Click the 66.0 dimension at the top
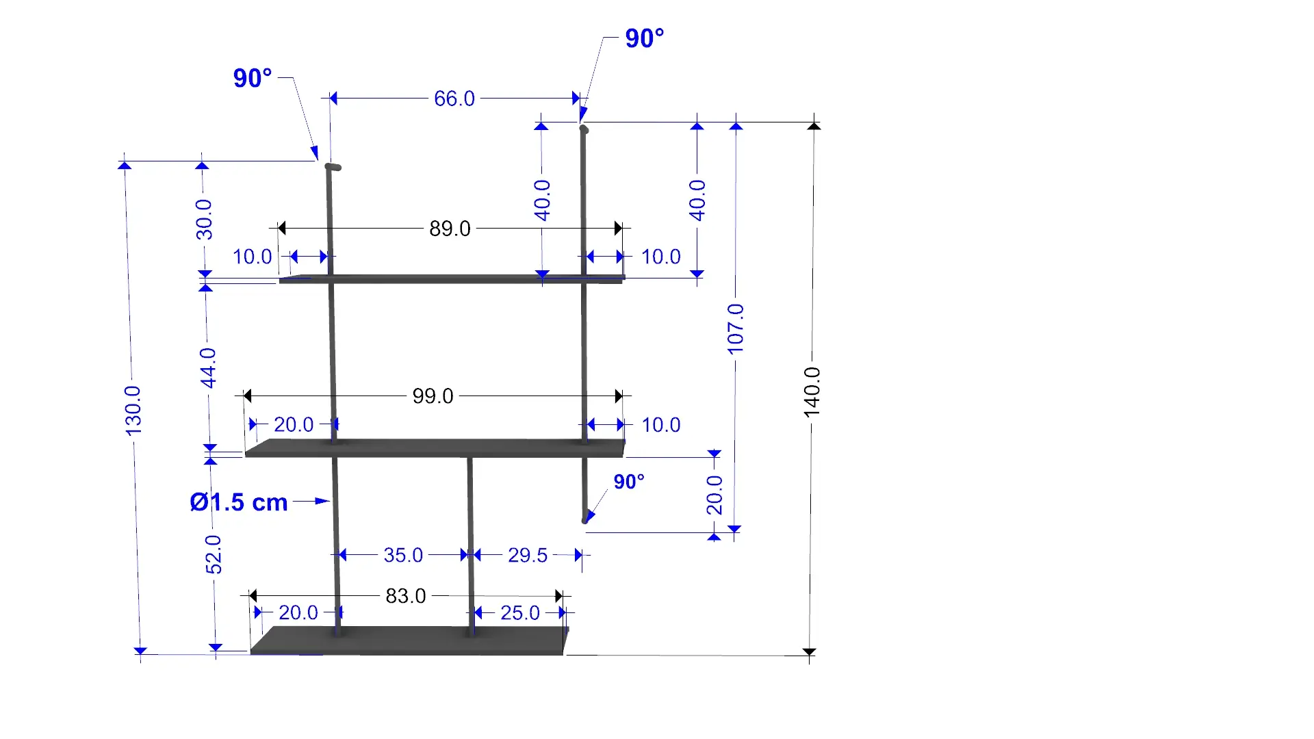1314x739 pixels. pos(454,99)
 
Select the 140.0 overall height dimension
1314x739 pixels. pos(812,392)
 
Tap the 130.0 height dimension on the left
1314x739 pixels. pos(133,410)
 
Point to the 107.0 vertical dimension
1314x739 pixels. pos(735,329)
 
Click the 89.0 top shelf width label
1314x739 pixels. pos(450,229)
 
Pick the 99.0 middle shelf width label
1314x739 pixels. pos(433,396)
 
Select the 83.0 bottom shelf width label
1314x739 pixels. pos(406,596)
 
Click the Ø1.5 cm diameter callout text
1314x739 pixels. pos(239,502)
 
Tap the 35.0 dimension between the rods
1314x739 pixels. pos(403,555)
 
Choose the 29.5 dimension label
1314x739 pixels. pos(528,555)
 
